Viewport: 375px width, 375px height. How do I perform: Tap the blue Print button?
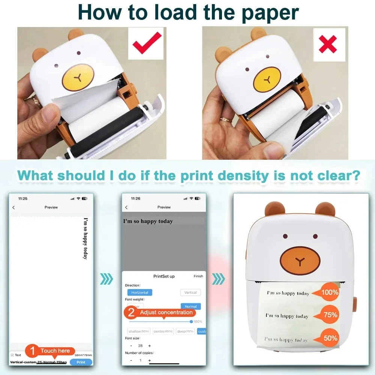(x=81, y=362)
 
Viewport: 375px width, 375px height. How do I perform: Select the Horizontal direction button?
(x=139, y=292)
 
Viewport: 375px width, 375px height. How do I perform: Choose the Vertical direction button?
(x=190, y=292)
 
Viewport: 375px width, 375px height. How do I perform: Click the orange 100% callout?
(x=329, y=292)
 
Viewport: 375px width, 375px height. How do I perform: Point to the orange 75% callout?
(x=329, y=315)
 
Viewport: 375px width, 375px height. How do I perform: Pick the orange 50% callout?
(x=329, y=338)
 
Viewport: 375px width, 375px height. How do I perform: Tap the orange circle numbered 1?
(x=32, y=351)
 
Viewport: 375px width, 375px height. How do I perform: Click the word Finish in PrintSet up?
(x=198, y=276)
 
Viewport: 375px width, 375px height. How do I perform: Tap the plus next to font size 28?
(x=149, y=345)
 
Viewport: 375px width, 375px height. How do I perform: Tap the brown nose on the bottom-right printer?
(x=300, y=260)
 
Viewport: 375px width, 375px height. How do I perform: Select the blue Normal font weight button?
(x=190, y=306)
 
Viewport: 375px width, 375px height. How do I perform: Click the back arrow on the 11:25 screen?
(x=14, y=207)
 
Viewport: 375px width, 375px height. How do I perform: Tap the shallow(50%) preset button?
(x=139, y=331)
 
